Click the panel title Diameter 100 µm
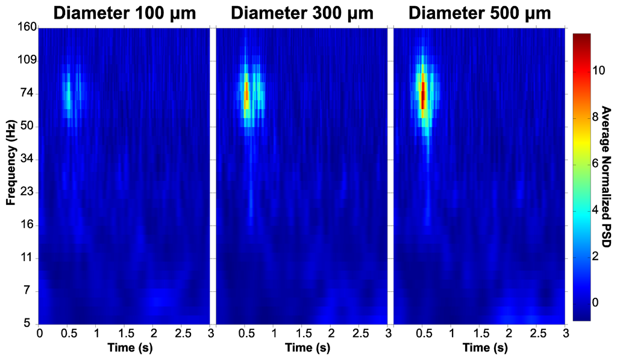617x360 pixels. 124,13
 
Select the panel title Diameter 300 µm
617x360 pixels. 301,13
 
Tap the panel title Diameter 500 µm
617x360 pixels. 479,13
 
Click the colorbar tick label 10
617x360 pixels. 595,70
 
